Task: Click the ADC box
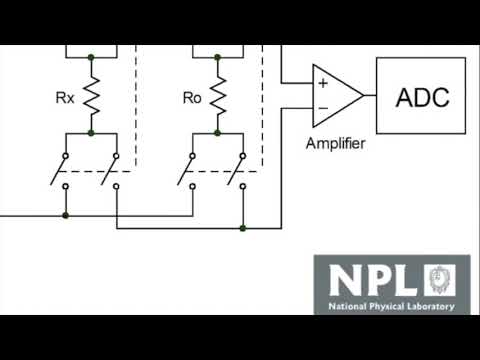(x=421, y=96)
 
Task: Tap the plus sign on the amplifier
(x=323, y=83)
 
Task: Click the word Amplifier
(x=335, y=144)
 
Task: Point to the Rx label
(x=63, y=98)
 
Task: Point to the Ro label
(x=192, y=98)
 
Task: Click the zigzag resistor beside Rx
(x=90, y=95)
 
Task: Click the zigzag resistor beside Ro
(x=218, y=95)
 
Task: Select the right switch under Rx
(x=113, y=170)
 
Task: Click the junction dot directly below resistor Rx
(x=90, y=132)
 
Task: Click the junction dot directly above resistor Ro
(x=218, y=59)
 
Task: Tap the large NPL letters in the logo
(x=370, y=279)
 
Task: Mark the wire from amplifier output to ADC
(x=369, y=96)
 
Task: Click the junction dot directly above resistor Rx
(x=90, y=59)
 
